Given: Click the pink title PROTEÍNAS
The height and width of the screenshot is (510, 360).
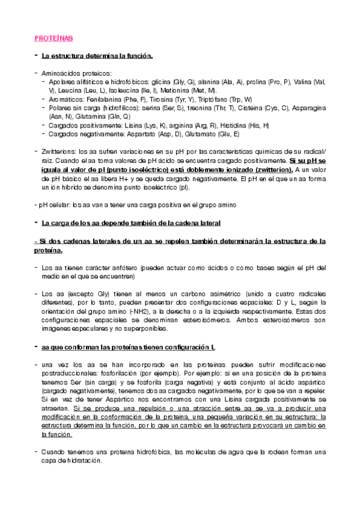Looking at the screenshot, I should click(53, 38).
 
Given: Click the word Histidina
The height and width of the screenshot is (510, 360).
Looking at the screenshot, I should click(249, 125).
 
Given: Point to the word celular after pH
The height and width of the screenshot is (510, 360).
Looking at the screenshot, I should click(61, 205).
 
